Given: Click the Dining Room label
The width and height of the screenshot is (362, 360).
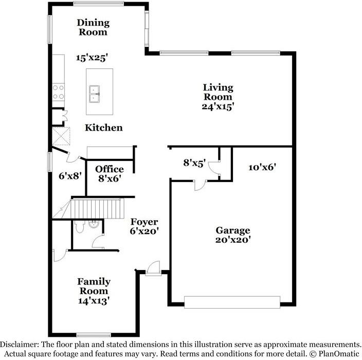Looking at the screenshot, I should click(x=93, y=27).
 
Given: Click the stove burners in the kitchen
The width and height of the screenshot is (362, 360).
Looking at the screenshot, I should click(x=58, y=92).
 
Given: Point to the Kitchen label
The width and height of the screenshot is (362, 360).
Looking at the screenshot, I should click(x=103, y=127).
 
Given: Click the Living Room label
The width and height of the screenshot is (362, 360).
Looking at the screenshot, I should click(x=218, y=92).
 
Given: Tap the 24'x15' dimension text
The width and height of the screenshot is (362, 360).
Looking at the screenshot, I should click(x=218, y=106).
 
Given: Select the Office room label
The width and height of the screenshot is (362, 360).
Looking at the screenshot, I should click(x=110, y=169).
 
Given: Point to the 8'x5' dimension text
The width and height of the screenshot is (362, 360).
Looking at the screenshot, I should click(x=194, y=163).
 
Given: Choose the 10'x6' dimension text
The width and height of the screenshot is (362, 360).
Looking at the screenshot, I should click(x=262, y=167).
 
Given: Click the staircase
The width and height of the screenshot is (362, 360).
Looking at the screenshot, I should click(x=97, y=209).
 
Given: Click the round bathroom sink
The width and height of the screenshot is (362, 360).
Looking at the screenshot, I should click(x=94, y=224).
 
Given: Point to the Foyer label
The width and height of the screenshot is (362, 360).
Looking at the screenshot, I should click(x=144, y=222).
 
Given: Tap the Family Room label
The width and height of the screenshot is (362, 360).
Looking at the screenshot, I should click(x=94, y=286).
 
